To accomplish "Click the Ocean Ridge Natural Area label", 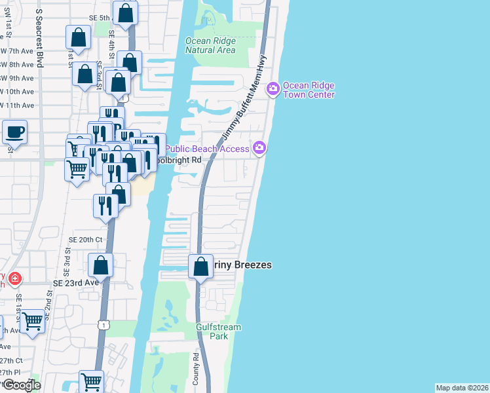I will [210, 45].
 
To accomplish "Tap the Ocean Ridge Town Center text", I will [309, 90].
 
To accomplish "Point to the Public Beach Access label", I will [206, 149].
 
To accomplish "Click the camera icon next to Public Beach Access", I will [260, 148].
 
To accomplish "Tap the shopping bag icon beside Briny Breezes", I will [200, 267].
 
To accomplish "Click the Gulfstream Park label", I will [219, 331].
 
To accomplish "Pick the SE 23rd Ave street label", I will [75, 282].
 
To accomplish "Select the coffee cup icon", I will [14, 132].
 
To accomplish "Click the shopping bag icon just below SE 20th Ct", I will [100, 265].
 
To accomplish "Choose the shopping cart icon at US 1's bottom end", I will [91, 381].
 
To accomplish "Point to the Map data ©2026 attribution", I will [462, 388].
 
